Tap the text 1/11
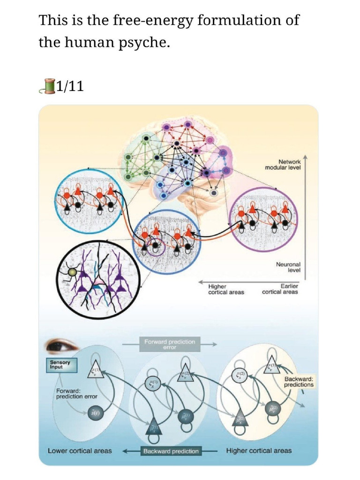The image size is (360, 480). (x=70, y=86)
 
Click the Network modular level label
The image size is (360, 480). (x=283, y=164)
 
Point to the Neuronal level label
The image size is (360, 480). (x=288, y=267)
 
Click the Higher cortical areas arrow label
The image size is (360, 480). (x=226, y=289)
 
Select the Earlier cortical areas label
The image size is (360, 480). (x=280, y=289)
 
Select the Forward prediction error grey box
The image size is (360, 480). (x=169, y=345)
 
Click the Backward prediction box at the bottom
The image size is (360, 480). (x=171, y=451)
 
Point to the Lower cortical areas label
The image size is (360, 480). (x=80, y=450)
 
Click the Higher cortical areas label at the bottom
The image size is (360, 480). (x=259, y=450)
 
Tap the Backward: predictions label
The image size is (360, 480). (x=299, y=382)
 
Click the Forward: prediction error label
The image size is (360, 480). (x=76, y=393)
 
